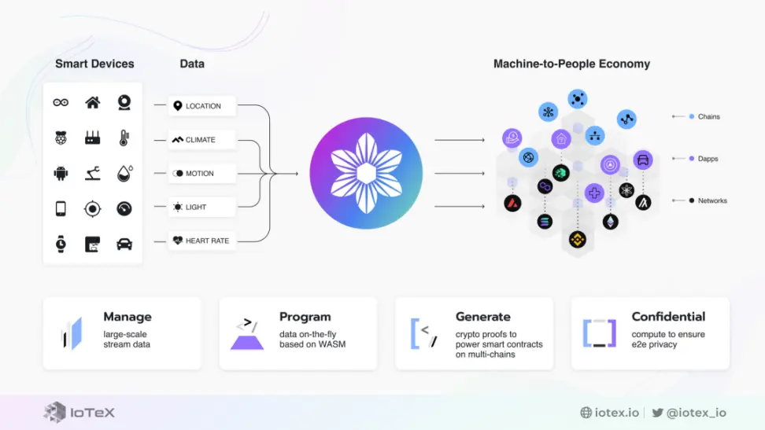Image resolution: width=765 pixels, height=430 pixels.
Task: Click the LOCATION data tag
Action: point(202,106)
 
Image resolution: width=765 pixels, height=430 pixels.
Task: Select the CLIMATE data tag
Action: point(202,140)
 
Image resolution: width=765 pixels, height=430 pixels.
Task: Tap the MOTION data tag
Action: point(202,174)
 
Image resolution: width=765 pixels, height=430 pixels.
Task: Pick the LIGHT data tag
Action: point(202,208)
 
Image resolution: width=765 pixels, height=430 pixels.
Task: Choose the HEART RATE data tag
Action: point(202,241)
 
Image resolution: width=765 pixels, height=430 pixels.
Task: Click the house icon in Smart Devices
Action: point(93,102)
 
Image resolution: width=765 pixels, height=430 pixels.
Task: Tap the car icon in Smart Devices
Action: point(124,244)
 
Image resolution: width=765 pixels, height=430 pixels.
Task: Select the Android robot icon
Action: point(61,173)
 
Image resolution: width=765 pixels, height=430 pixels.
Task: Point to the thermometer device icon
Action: point(124,138)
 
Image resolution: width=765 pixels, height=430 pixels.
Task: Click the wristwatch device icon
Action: point(61,244)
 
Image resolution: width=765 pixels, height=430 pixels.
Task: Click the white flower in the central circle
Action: point(367,173)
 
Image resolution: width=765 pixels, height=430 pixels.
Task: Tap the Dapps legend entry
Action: point(704,159)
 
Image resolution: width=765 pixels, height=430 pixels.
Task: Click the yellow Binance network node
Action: point(578,240)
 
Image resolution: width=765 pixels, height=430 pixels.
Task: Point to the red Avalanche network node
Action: point(512,203)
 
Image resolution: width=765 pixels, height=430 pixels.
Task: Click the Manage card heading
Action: point(128,317)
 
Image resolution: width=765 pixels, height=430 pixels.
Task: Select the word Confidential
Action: point(668,317)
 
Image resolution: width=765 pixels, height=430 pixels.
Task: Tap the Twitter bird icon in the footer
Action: point(658,413)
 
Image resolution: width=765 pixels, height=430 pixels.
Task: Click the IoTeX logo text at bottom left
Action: point(93,413)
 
